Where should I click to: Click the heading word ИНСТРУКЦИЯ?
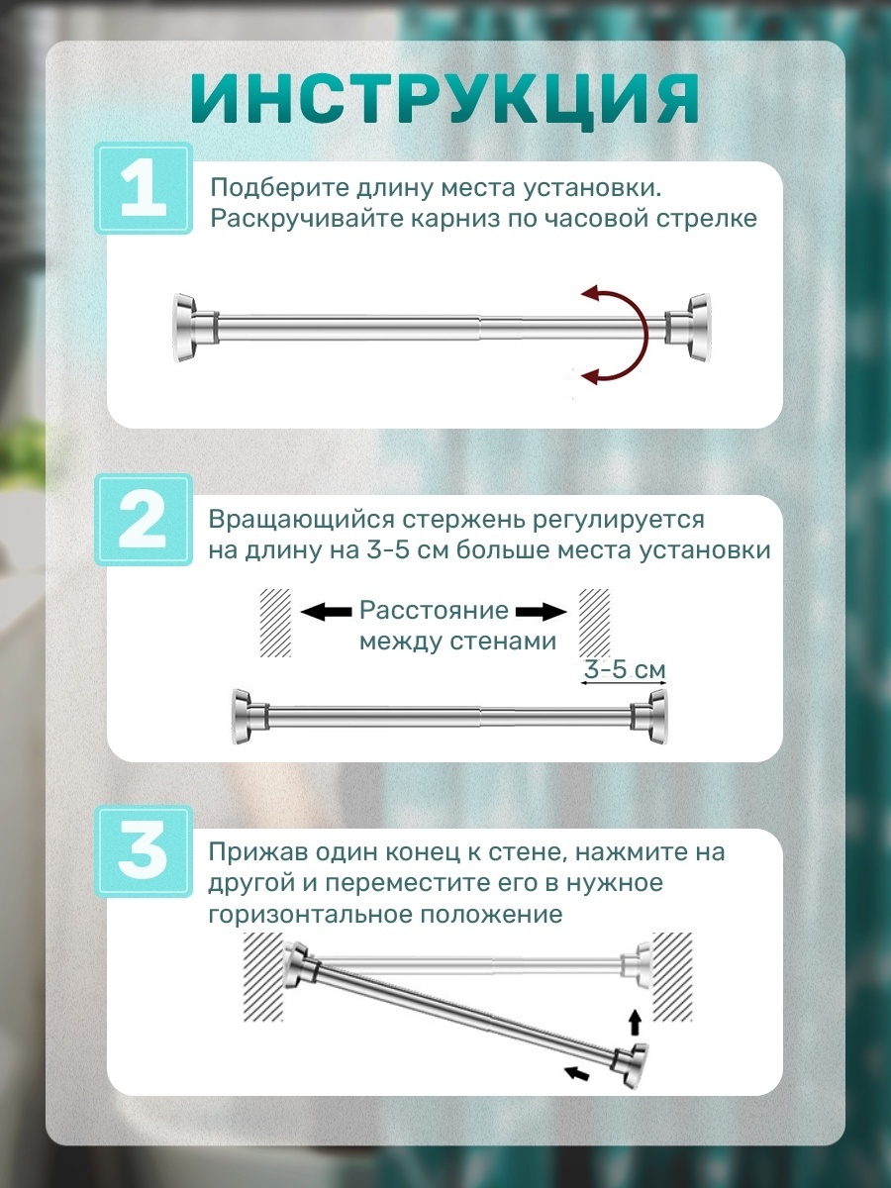point(445,101)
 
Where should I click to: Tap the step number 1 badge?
point(144,188)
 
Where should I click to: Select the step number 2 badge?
point(144,520)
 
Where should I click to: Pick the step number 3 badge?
point(144,851)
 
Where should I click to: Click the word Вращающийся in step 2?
point(300,520)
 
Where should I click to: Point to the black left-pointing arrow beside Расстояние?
point(326,612)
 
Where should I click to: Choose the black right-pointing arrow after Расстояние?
point(541,612)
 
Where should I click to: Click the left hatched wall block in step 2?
point(275,623)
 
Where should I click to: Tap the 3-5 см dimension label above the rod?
point(625,670)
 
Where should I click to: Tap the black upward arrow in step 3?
point(636,1024)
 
